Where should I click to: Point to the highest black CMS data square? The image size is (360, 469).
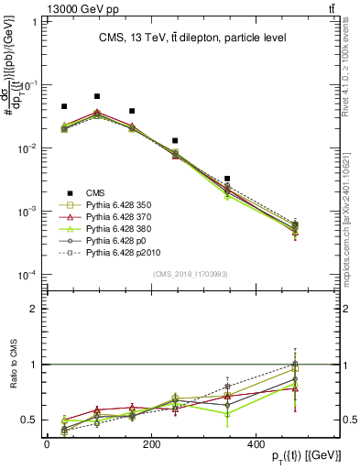(x=97, y=96)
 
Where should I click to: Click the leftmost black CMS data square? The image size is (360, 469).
(x=64, y=107)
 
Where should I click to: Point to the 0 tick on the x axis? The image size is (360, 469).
(x=47, y=443)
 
